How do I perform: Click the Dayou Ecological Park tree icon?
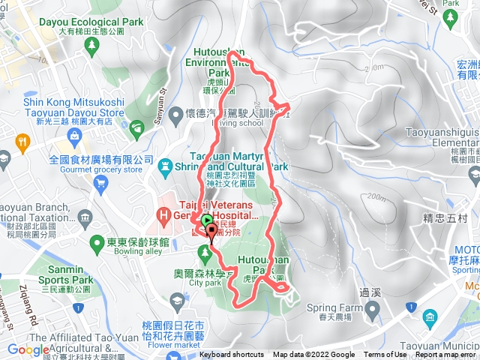92,46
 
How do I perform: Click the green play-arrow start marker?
206,220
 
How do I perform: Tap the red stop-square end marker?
211,231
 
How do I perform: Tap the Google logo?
28,349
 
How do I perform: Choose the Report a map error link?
445,355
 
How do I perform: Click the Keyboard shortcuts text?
232,355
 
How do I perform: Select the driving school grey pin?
174,115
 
